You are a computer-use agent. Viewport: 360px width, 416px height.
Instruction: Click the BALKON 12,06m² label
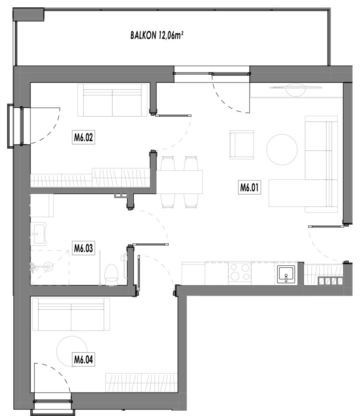click(x=157, y=35)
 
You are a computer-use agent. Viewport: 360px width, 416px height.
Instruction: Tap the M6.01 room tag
click(x=249, y=187)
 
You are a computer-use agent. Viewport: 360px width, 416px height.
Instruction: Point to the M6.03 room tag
click(x=83, y=248)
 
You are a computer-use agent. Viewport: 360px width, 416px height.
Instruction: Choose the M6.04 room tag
click(x=83, y=360)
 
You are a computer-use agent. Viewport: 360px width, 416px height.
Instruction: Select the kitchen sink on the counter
click(x=286, y=274)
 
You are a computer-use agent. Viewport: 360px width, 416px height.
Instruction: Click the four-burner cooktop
click(x=240, y=272)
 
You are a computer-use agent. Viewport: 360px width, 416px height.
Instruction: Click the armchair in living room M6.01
click(x=242, y=145)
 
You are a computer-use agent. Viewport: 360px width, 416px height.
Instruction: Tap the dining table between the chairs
click(x=180, y=182)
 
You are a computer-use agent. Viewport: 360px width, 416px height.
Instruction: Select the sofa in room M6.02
click(x=113, y=100)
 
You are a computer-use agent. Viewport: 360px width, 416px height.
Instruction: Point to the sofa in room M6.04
click(x=71, y=314)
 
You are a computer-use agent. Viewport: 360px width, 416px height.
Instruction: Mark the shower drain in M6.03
click(x=48, y=266)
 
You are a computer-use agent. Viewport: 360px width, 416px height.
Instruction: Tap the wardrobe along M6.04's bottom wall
click(x=141, y=383)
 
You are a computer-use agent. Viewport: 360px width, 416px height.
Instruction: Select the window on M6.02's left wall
click(x=15, y=126)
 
